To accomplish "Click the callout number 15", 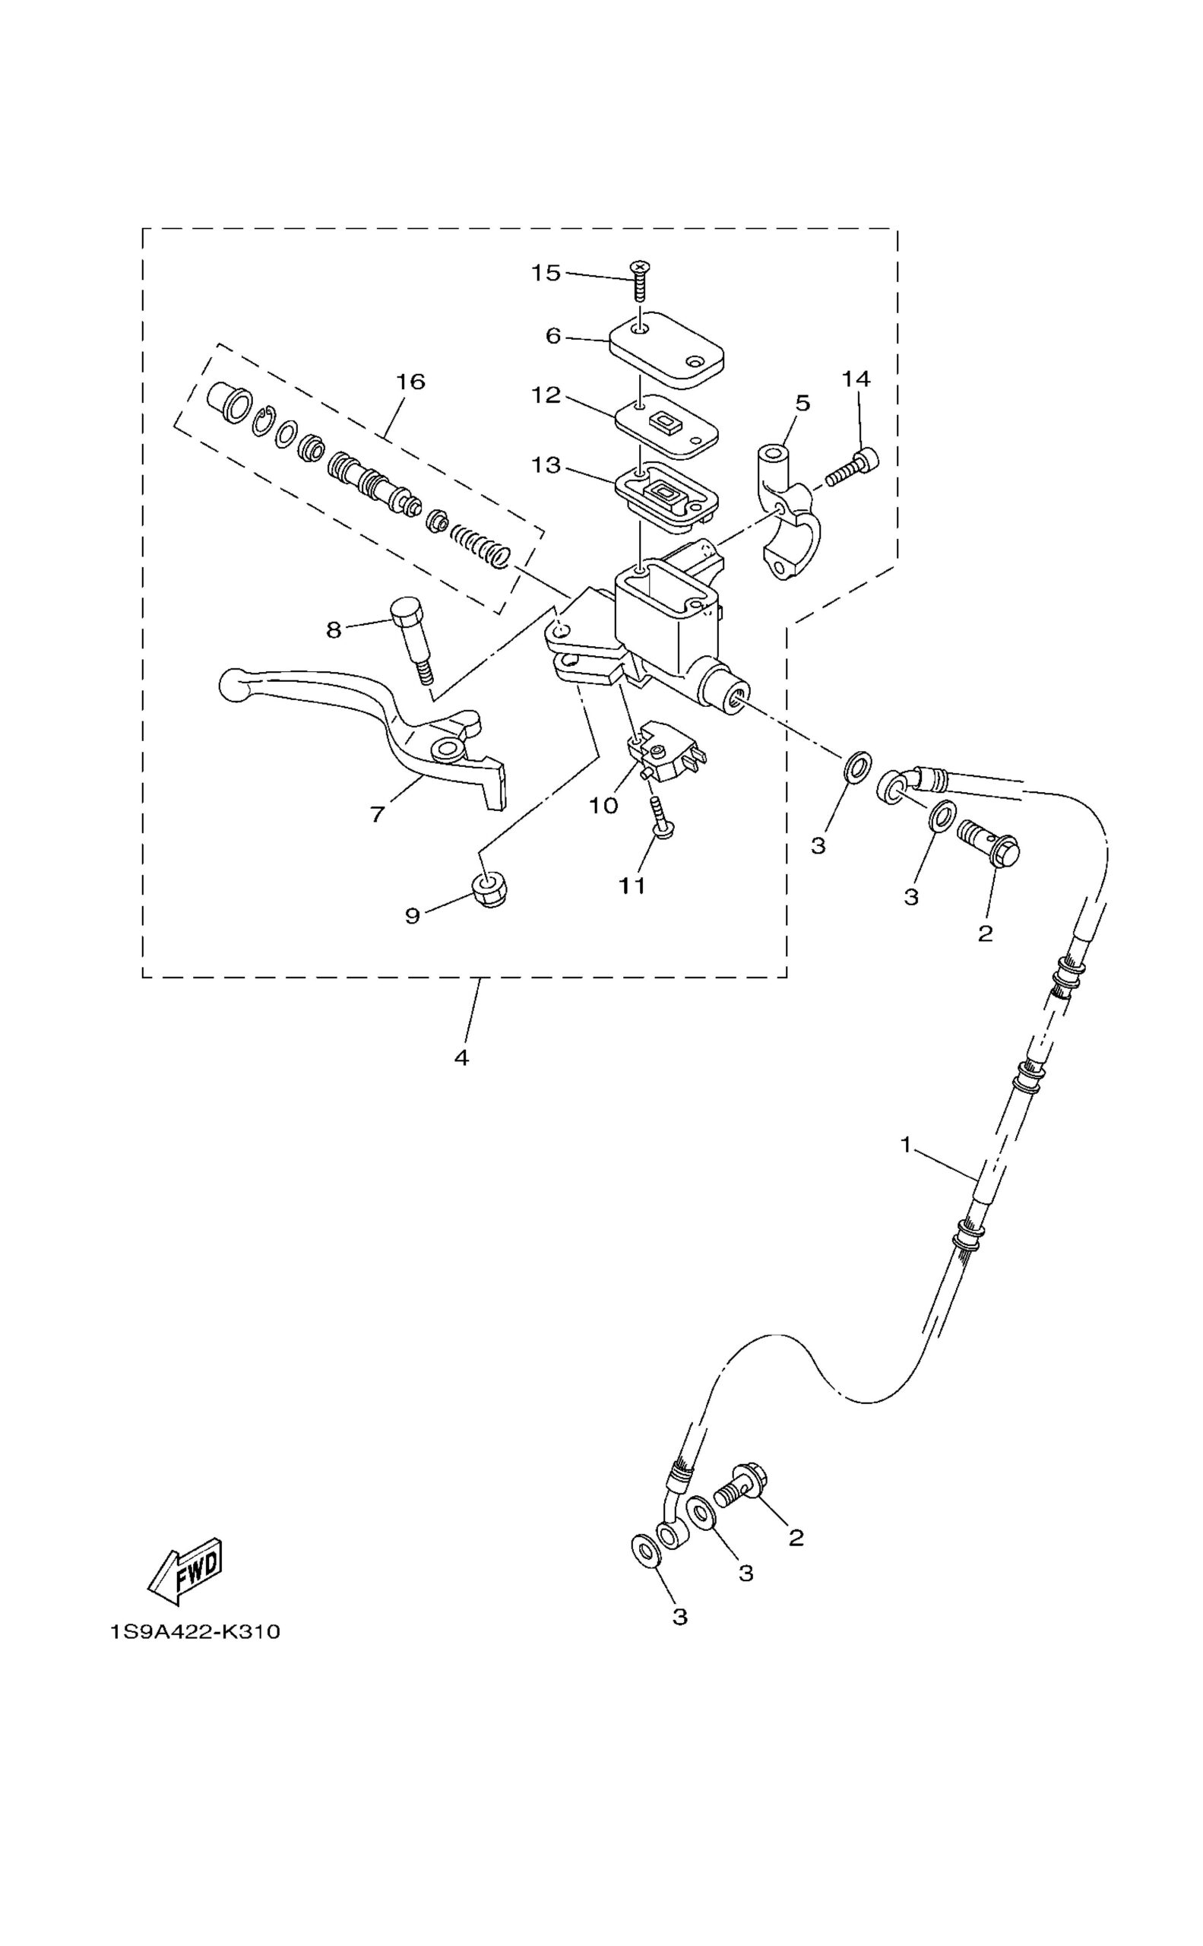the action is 546,273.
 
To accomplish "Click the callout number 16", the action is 410,382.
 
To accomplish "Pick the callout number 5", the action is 802,403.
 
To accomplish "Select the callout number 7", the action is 377,813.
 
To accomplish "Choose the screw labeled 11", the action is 661,816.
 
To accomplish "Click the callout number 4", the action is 461,1058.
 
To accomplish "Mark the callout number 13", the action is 546,464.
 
